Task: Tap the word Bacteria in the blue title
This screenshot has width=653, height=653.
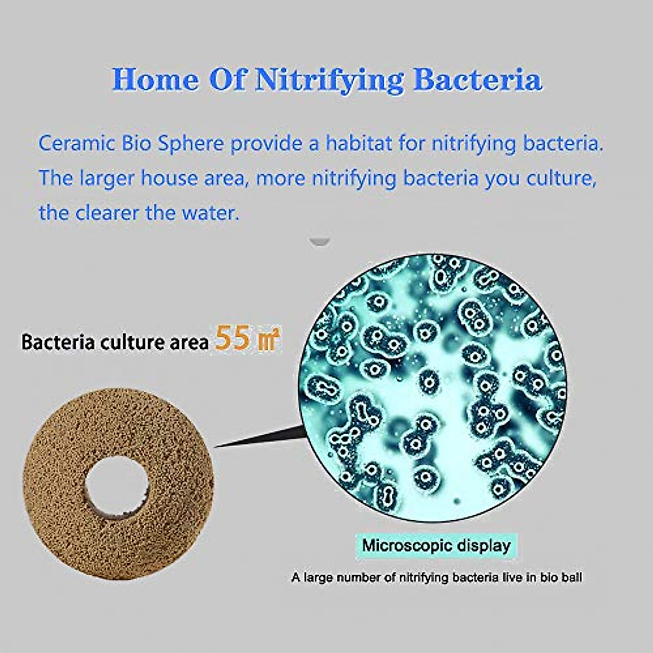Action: coord(477,80)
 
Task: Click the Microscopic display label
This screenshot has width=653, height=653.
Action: coord(436,545)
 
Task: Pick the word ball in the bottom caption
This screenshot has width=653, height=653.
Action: coord(571,577)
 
